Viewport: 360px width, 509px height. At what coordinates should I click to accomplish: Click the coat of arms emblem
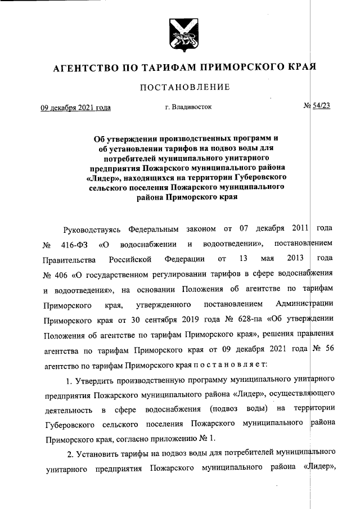[x=180, y=34]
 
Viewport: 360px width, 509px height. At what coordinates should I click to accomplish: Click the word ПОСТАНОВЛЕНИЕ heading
[x=181, y=87]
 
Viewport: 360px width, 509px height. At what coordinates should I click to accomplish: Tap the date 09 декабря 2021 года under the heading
[x=75, y=107]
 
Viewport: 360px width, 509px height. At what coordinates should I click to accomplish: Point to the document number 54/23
[x=321, y=107]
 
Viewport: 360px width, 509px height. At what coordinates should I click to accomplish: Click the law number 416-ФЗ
[x=73, y=246]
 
